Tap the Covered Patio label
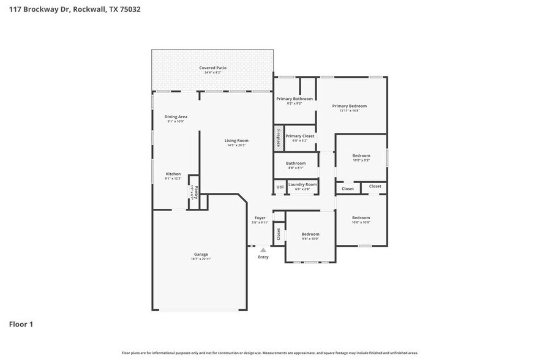point(212,67)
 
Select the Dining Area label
point(176,116)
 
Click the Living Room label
point(236,140)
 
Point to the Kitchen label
point(173,174)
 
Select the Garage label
point(201,254)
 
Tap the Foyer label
point(261,217)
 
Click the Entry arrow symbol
point(263,250)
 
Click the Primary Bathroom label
point(294,99)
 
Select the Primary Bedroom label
point(349,105)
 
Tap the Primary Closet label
point(300,136)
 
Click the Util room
point(280,187)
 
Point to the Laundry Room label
point(302,184)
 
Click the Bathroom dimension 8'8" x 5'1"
point(296,168)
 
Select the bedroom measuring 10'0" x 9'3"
point(361,158)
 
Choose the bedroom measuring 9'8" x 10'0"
point(310,236)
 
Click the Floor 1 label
point(21,324)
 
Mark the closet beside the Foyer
point(279,233)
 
